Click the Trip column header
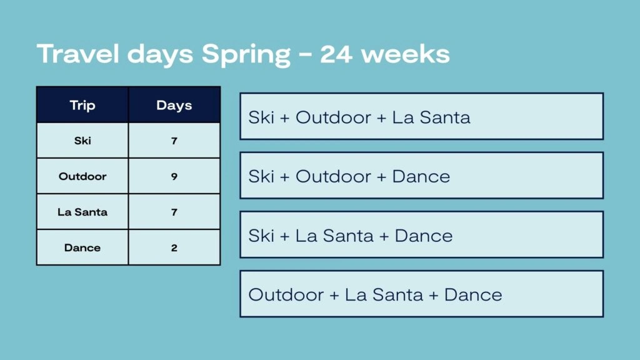pyautogui.click(x=82, y=105)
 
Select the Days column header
pyautogui.click(x=174, y=105)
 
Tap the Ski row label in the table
pyautogui.click(x=82, y=141)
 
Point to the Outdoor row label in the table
pyautogui.click(x=82, y=176)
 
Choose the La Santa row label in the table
pyautogui.click(x=82, y=212)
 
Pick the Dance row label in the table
pyautogui.click(x=82, y=247)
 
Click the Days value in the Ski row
pyautogui.click(x=174, y=141)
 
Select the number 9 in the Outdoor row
pyautogui.click(x=174, y=176)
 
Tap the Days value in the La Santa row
pyautogui.click(x=174, y=212)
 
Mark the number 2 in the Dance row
pyautogui.click(x=174, y=247)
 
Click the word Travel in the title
pyautogui.click(x=78, y=54)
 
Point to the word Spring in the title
pyautogui.click(x=246, y=55)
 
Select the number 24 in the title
pyautogui.click(x=336, y=54)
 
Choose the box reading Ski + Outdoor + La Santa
pyautogui.click(x=422, y=116)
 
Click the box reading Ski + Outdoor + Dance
pyautogui.click(x=422, y=176)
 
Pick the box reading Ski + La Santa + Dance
pyautogui.click(x=422, y=235)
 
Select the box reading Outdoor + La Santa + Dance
pyautogui.click(x=422, y=294)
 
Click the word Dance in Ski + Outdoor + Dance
pyautogui.click(x=421, y=176)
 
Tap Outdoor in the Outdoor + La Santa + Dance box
pyautogui.click(x=286, y=295)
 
